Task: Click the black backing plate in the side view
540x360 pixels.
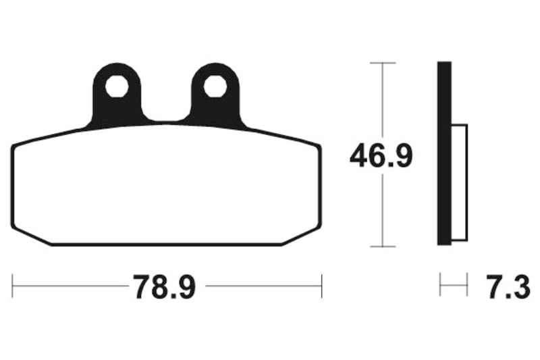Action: [x=443, y=153]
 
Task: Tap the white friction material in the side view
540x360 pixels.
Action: [x=458, y=182]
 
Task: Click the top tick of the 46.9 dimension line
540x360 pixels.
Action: [x=383, y=63]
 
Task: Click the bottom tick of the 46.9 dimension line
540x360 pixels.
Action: [x=383, y=246]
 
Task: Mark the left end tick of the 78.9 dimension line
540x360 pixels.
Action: [x=13, y=286]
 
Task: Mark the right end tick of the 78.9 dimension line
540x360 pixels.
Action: [x=321, y=286]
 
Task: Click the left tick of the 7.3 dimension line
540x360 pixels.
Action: [x=440, y=285]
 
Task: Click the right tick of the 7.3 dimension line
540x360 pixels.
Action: [x=466, y=285]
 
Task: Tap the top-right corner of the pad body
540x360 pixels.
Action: [x=319, y=147]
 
